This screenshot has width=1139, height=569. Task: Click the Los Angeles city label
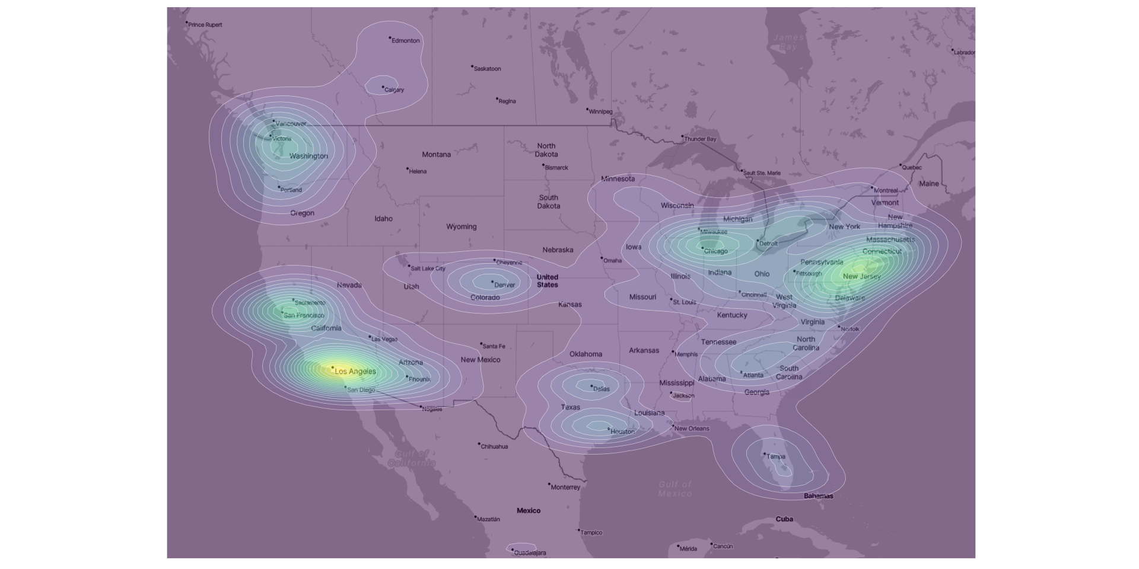tap(355, 372)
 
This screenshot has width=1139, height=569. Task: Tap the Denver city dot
tap(492, 282)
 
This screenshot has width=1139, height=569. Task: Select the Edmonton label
tap(406, 41)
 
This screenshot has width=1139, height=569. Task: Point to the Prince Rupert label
tap(205, 25)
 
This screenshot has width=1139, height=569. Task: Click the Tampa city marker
tap(764, 454)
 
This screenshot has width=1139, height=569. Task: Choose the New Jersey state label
tap(861, 277)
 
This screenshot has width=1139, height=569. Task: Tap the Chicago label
tap(715, 251)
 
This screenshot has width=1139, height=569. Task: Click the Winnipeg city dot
tap(587, 109)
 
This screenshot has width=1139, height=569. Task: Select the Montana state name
tap(436, 155)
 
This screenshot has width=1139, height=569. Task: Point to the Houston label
tap(622, 432)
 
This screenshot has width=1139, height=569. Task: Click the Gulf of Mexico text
tap(675, 489)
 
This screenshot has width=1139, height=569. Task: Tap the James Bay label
tap(788, 42)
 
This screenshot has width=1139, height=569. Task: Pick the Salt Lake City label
tap(428, 269)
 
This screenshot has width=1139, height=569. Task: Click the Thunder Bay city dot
tap(682, 136)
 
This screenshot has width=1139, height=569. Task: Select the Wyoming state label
tap(461, 227)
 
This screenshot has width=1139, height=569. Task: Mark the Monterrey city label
tap(565, 488)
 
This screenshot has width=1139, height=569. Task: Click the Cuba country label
tap(784, 519)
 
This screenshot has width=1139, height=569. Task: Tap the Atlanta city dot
tap(742, 372)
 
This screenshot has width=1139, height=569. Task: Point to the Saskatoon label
tap(487, 69)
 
